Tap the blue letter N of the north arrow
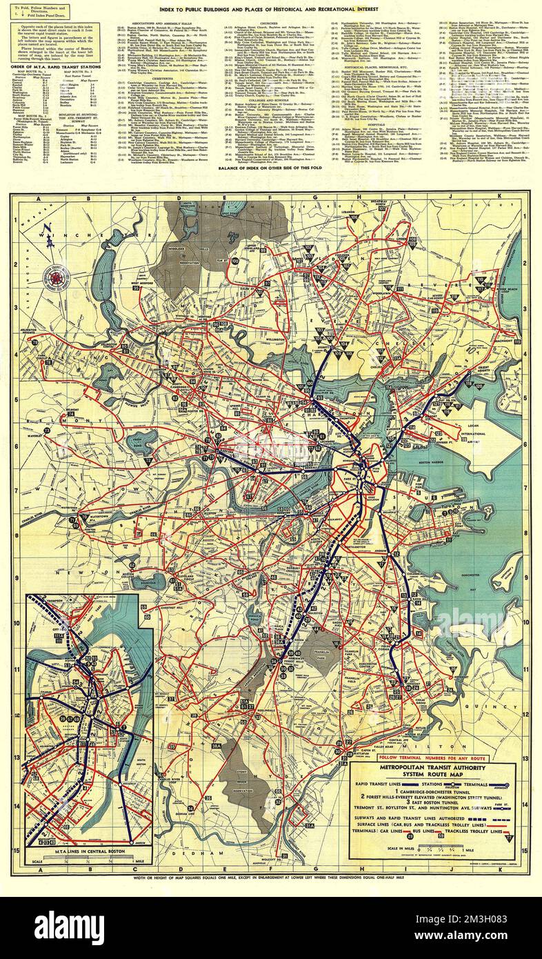tap(43, 233)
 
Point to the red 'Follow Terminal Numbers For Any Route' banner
tap(433, 758)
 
